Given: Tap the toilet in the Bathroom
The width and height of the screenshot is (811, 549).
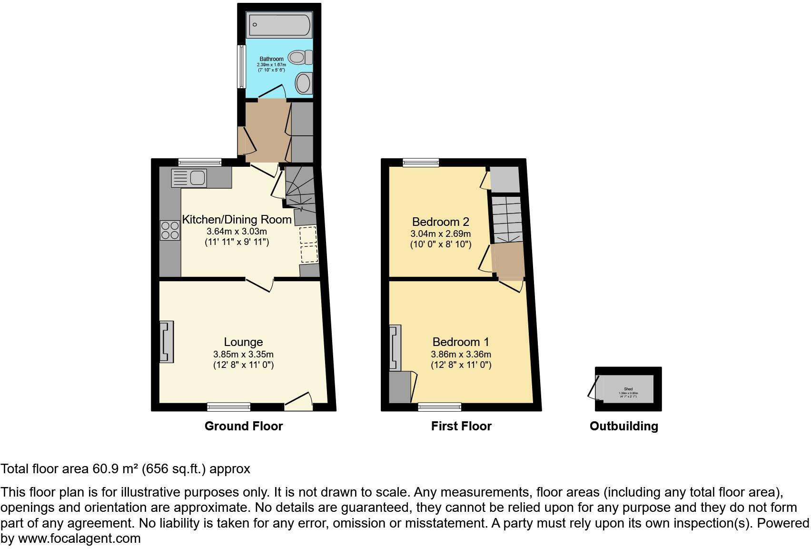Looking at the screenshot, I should coord(301,58).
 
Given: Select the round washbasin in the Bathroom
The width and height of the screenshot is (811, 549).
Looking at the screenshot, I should coord(303,83).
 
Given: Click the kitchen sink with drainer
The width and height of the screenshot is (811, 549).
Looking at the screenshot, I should coord(188,178).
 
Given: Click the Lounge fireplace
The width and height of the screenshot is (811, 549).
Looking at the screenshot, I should coord(167,342).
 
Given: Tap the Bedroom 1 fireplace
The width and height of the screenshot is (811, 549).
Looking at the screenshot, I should coord(395,347).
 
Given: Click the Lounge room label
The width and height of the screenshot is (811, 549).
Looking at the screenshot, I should coord(243,342).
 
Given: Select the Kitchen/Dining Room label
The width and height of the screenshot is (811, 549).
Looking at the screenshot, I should coord(237,219).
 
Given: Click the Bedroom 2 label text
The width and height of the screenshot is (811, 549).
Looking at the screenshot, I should coord(440,222).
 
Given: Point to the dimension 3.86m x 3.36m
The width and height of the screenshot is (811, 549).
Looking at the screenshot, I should coord(461,354).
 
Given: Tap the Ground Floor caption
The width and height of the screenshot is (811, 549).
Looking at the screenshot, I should coord(243,426).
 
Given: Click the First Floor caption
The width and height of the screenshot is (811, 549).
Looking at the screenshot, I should coord(461,426).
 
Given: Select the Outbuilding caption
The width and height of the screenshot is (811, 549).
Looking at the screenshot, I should coord(623,426).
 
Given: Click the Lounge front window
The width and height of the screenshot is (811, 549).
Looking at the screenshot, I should coord(228,407).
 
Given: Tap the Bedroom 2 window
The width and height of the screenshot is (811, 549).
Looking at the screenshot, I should coord(421,163).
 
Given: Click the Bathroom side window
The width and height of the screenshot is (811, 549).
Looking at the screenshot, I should coord(241,66).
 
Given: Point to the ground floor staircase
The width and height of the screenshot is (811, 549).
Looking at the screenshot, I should coord(300,191).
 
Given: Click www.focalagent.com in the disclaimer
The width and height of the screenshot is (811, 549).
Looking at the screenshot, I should coord(79,539).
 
